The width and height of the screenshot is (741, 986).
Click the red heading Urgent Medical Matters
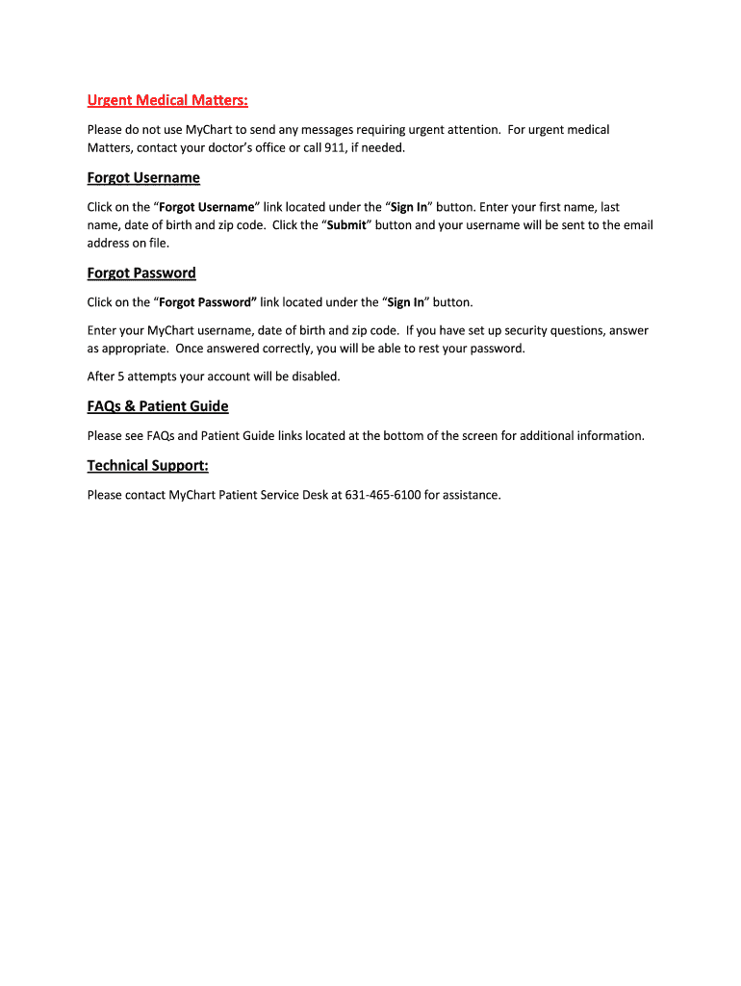(x=167, y=100)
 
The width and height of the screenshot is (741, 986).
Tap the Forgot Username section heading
(x=143, y=178)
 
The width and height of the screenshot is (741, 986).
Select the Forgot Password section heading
(x=141, y=273)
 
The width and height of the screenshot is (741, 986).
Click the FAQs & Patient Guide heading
(x=158, y=406)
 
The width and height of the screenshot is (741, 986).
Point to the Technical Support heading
(x=147, y=466)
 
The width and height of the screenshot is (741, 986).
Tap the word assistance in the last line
(x=471, y=496)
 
